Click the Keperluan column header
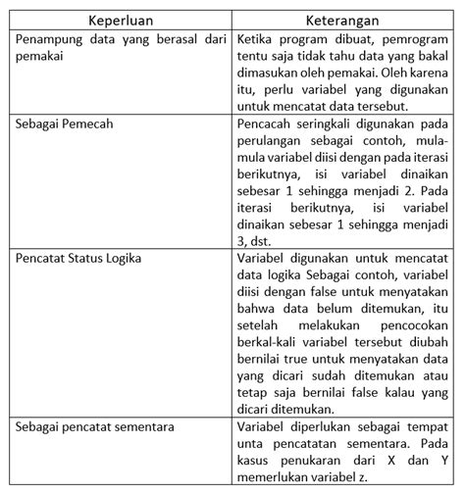pos(121,20)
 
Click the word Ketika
pos(259,40)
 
